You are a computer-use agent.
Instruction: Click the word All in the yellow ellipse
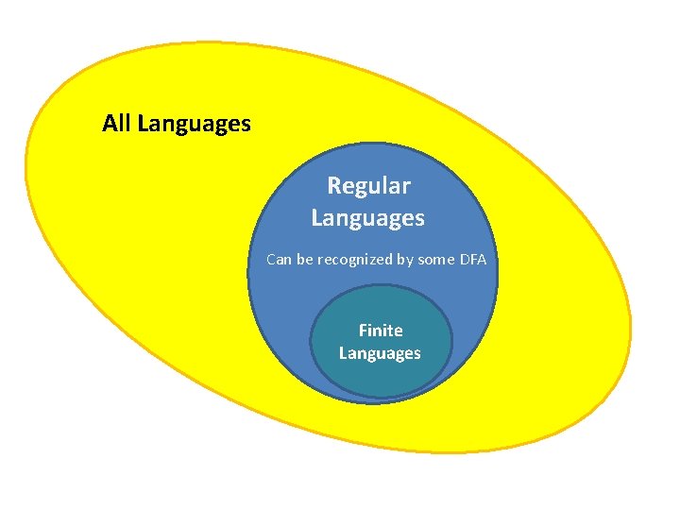coord(117,124)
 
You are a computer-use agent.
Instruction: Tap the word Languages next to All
coord(194,124)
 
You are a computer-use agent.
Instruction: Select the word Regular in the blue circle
coord(368,186)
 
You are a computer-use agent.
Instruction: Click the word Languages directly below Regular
coord(368,218)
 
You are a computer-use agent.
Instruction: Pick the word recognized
coord(355,259)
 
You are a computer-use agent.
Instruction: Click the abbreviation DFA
coord(473,259)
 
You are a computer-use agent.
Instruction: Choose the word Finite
coord(381,331)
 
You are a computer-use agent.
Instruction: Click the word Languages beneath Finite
coord(380,353)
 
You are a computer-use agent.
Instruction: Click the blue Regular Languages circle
coord(283,302)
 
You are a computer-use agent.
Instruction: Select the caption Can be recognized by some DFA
coord(376,259)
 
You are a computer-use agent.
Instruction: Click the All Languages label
coord(177,124)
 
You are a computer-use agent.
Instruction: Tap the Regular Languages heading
coord(368,202)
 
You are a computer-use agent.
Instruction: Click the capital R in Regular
coord(334,186)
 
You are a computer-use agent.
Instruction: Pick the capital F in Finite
coord(364,331)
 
